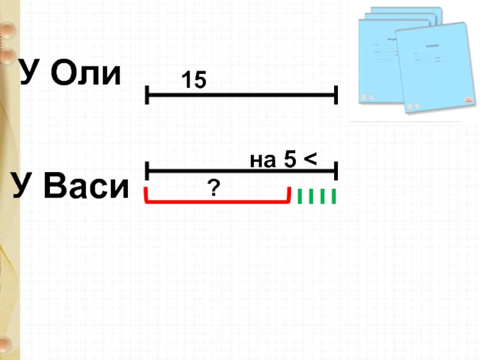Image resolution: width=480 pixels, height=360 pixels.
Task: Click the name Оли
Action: [86, 74]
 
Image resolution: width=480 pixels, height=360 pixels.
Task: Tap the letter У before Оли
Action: [31, 74]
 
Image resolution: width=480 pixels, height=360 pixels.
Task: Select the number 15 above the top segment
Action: [193, 80]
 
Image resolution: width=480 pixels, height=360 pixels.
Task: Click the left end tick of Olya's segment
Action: [146, 94]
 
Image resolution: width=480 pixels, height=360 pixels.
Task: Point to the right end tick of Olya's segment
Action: [337, 94]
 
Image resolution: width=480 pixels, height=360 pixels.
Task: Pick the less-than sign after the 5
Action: [310, 160]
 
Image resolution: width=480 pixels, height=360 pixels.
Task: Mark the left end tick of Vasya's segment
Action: [146, 170]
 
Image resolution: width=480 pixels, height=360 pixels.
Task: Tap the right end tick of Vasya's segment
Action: [337, 170]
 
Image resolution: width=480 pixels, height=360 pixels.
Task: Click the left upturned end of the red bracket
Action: [146, 195]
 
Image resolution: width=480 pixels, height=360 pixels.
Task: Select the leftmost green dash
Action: [300, 196]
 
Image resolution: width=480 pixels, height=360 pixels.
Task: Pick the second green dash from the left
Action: [311, 196]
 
